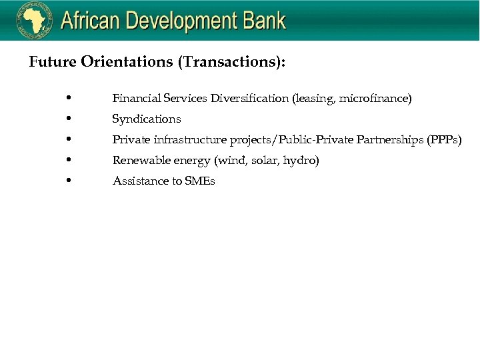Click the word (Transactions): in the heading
(232, 62)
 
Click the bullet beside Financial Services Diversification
(70, 99)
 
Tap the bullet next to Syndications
(70, 119)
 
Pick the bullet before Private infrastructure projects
(70, 139)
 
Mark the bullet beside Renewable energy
(70, 160)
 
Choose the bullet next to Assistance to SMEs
(70, 181)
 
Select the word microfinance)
(375, 99)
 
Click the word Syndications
(147, 119)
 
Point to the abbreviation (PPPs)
(444, 140)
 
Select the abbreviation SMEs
(200, 181)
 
